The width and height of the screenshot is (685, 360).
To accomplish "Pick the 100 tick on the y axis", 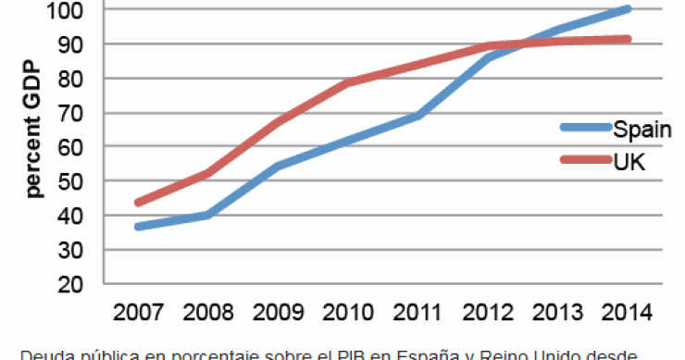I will click(71, 10).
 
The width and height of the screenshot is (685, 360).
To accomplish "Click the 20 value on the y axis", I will click(77, 284).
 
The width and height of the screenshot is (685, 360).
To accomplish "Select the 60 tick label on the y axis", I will click(77, 147).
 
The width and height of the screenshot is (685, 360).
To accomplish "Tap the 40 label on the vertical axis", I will click(77, 216).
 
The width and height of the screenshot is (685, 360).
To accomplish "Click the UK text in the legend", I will click(629, 161).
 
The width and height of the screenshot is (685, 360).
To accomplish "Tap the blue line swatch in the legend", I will click(584, 129).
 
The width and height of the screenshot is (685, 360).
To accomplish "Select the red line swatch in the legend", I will click(584, 161).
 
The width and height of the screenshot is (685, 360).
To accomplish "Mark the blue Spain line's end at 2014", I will click(628, 9).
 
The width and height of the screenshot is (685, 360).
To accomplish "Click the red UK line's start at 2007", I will click(137, 203).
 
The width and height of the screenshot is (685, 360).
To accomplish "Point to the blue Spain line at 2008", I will click(207, 216).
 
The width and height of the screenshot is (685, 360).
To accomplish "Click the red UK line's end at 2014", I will click(628, 39).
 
